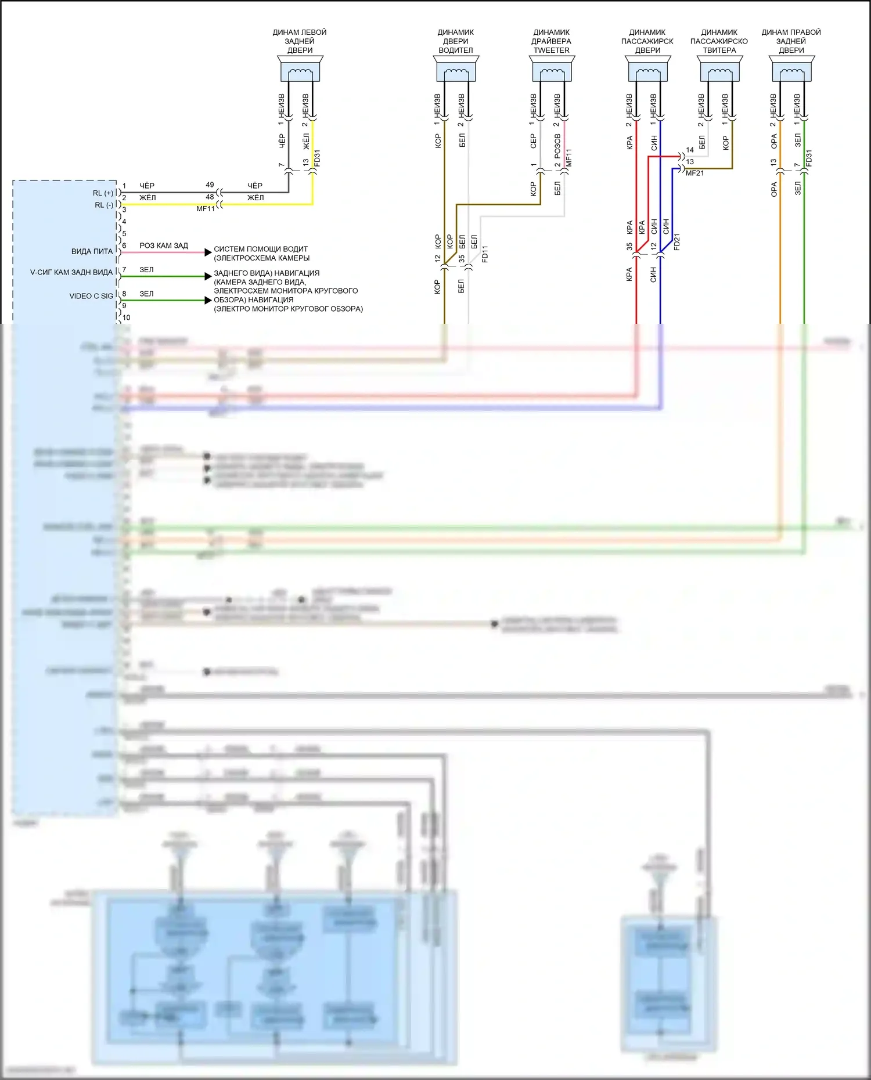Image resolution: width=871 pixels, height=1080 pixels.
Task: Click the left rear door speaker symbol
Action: pyautogui.click(x=300, y=70)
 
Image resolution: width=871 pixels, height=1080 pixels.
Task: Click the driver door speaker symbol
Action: pyautogui.click(x=456, y=70)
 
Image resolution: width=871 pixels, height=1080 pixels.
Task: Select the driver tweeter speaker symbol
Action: pyautogui.click(x=552, y=70)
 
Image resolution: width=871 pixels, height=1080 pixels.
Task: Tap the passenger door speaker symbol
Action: pyautogui.click(x=647, y=70)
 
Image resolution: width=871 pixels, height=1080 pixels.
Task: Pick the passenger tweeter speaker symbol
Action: pyautogui.click(x=719, y=70)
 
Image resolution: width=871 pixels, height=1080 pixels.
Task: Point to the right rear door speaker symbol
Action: pyautogui.click(x=791, y=70)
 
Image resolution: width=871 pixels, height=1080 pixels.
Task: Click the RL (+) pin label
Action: pyautogui.click(x=103, y=193)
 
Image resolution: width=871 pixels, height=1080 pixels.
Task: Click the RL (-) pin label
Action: pyautogui.click(x=103, y=205)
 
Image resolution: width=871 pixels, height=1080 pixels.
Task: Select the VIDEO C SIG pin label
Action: pyautogui.click(x=91, y=296)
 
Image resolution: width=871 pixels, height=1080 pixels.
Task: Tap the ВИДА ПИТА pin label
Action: pyautogui.click(x=92, y=251)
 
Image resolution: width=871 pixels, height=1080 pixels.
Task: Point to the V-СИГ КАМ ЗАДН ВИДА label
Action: pyautogui.click(x=71, y=272)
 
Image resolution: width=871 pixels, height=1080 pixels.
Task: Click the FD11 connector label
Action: pyautogui.click(x=485, y=254)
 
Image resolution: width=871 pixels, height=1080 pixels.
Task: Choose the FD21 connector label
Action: pyautogui.click(x=676, y=241)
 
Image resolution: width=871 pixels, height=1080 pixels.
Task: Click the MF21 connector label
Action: pyautogui.click(x=694, y=173)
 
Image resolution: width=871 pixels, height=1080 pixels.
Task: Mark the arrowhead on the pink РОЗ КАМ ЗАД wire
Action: pyautogui.click(x=208, y=252)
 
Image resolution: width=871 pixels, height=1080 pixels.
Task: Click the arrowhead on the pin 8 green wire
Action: pyautogui.click(x=208, y=300)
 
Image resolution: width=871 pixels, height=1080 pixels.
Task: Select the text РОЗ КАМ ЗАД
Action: pyautogui.click(x=164, y=245)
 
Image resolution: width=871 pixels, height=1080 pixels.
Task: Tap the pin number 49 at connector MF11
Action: pyautogui.click(x=210, y=185)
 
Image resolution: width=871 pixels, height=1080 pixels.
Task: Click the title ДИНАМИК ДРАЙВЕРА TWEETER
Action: pyautogui.click(x=552, y=41)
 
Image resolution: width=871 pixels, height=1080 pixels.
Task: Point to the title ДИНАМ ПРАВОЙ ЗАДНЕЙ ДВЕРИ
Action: pyautogui.click(x=791, y=41)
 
